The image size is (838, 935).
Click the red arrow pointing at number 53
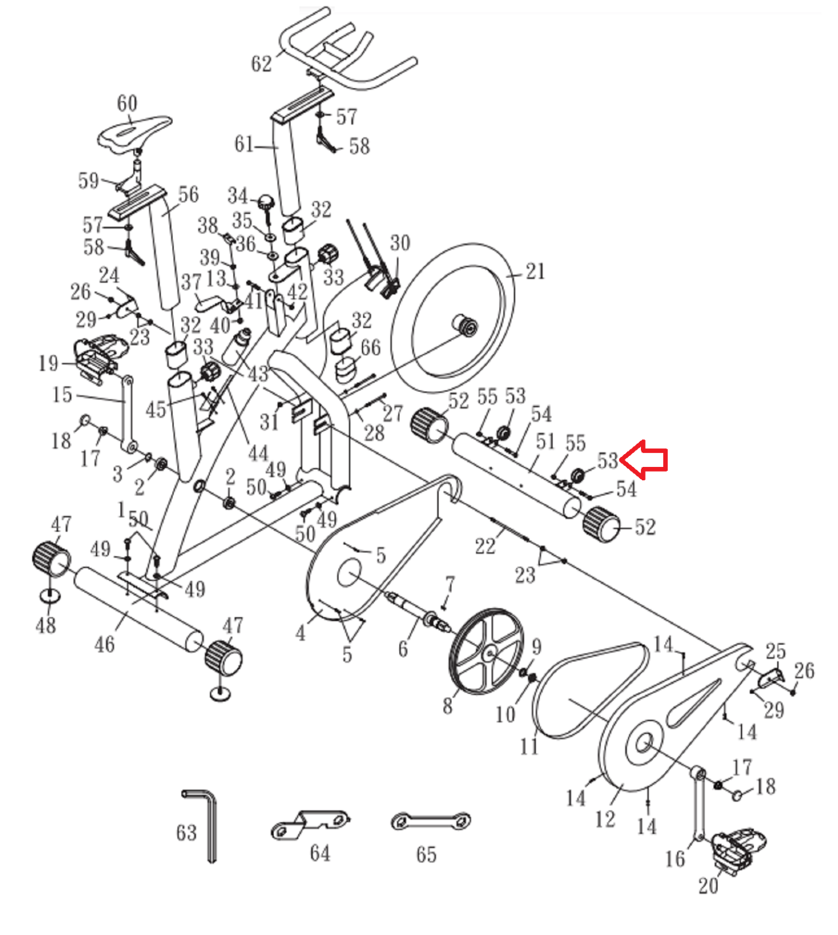pyautogui.click(x=644, y=460)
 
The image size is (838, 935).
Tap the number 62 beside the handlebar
pyautogui.click(x=261, y=63)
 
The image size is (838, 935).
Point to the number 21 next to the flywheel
pyautogui.click(x=535, y=271)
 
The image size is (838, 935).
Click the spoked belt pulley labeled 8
pyautogui.click(x=487, y=652)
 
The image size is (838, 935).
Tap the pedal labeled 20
pyautogui.click(x=738, y=848)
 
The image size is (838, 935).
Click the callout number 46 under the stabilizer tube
pyautogui.click(x=105, y=644)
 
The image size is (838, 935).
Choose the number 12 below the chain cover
pyautogui.click(x=605, y=819)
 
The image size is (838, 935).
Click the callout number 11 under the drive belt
pyautogui.click(x=529, y=746)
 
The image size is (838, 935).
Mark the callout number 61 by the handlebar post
pyautogui.click(x=244, y=144)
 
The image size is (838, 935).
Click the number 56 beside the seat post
pyautogui.click(x=188, y=195)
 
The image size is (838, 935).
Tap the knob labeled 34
pyautogui.click(x=266, y=203)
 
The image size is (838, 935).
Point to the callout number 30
pyautogui.click(x=400, y=243)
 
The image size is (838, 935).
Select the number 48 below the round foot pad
pyautogui.click(x=46, y=626)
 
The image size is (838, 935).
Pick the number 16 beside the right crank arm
pyautogui.click(x=675, y=858)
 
